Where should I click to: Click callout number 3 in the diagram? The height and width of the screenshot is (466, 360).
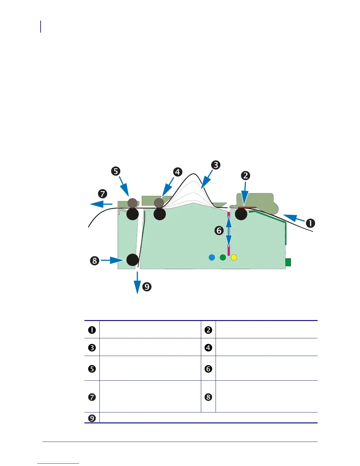[x=216, y=165]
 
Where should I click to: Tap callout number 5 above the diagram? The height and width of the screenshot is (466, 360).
[x=116, y=171]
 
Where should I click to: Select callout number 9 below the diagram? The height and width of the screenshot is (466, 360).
[x=147, y=287]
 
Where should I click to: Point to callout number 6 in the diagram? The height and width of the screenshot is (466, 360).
[x=219, y=230]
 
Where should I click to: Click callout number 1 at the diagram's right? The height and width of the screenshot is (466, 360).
[x=310, y=223]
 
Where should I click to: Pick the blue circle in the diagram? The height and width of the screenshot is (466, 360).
[x=212, y=257]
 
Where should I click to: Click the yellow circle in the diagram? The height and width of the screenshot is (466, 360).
[x=234, y=257]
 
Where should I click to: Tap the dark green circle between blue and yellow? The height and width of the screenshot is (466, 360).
[x=223, y=257]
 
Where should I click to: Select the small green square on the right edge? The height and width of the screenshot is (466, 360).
[x=288, y=262]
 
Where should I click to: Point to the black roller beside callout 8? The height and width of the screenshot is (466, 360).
[x=133, y=260]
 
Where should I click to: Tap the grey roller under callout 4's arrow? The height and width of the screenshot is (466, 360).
[x=159, y=202]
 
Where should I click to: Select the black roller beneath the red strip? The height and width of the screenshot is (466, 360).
[x=241, y=214]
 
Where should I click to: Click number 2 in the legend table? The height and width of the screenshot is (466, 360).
[x=208, y=330]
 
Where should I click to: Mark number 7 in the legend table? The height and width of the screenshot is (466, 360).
[x=92, y=397]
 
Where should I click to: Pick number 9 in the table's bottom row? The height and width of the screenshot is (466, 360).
[x=92, y=418]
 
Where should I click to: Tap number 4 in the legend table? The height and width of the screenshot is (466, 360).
[x=208, y=348]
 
